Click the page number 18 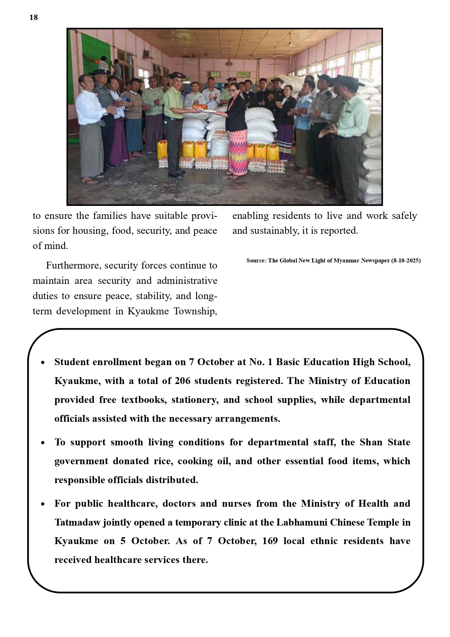pyautogui.click(x=33, y=17)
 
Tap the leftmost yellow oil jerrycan pyautogui.click(x=162, y=150)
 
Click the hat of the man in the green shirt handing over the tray pyautogui.click(x=177, y=75)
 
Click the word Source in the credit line pyautogui.click(x=256, y=261)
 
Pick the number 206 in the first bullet pyautogui.click(x=182, y=381)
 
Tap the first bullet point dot pyautogui.click(x=43, y=363)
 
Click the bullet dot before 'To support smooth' pyautogui.click(x=43, y=443)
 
